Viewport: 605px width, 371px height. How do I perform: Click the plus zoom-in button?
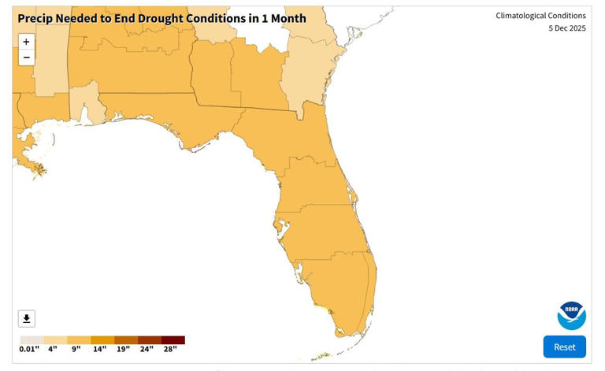click(x=26, y=42)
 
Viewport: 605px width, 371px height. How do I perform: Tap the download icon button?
click(x=27, y=318)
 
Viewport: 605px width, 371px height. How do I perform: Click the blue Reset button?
click(x=564, y=347)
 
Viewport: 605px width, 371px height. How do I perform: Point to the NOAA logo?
click(x=571, y=315)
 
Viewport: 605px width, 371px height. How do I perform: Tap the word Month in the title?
click(x=284, y=18)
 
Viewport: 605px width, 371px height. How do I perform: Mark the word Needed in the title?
click(x=82, y=18)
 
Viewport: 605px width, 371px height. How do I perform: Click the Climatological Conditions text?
click(x=540, y=16)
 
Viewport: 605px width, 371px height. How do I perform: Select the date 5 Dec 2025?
click(x=566, y=28)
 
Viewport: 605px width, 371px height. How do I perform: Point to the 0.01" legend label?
click(x=29, y=349)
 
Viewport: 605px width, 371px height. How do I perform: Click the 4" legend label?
click(x=53, y=349)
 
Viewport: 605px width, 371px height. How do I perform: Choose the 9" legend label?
click(x=76, y=349)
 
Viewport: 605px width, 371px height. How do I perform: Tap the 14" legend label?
click(x=100, y=349)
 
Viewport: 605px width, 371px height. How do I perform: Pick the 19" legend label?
click(x=124, y=349)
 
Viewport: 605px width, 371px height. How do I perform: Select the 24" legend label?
click(x=147, y=349)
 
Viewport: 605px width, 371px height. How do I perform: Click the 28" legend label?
click(x=170, y=349)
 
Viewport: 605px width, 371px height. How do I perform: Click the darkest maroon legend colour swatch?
click(x=173, y=340)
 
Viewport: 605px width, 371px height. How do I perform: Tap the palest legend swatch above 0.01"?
click(x=32, y=340)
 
